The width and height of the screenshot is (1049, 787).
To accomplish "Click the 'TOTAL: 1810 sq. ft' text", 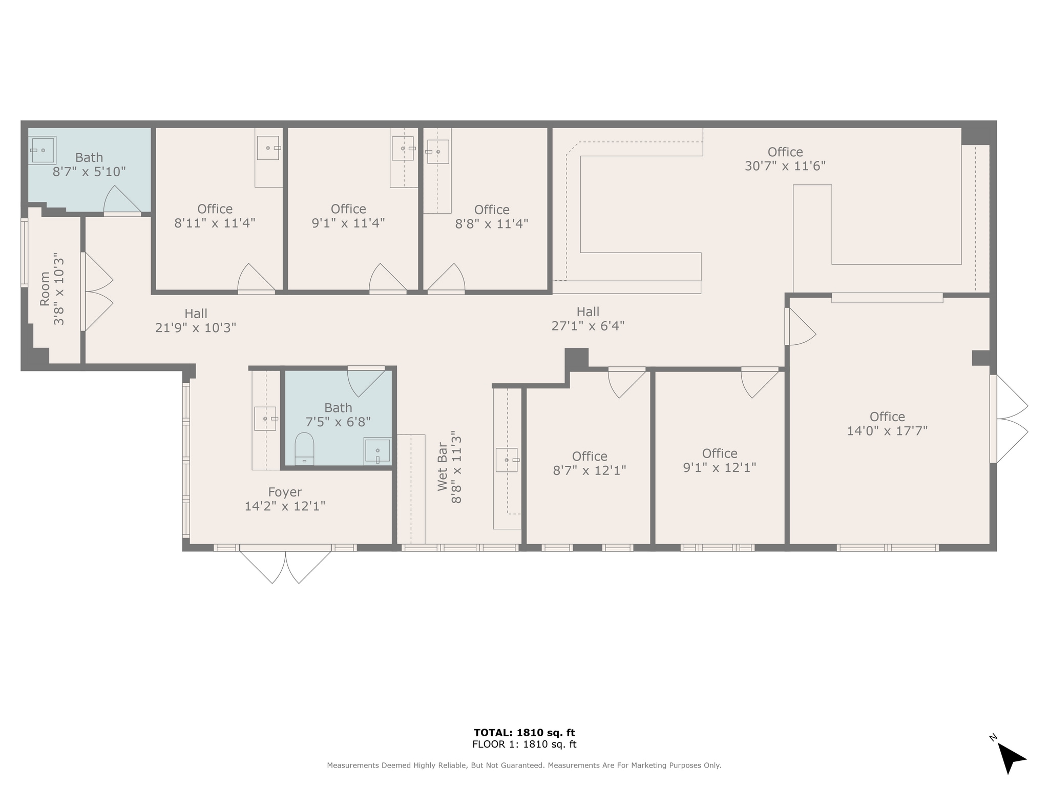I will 524,732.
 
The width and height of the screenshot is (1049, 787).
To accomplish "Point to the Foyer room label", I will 285,492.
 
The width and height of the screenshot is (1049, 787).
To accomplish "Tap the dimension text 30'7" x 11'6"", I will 785,166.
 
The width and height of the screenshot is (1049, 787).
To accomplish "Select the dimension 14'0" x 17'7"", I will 887,431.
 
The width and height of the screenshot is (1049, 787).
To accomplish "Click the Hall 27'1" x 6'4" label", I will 588,319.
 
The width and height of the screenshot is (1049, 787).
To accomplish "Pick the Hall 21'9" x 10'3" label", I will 196,320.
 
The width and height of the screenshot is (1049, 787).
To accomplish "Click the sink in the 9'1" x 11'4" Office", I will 403,149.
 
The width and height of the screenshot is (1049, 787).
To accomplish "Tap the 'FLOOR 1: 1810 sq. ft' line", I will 524,744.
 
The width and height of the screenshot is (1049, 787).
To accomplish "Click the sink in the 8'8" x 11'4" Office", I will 438,152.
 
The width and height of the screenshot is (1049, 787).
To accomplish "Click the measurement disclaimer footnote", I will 524,765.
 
